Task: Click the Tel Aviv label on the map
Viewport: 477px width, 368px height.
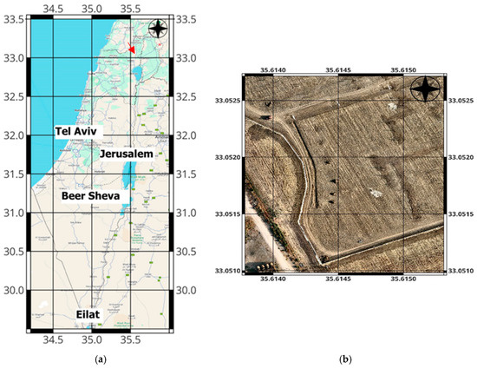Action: point(79,131)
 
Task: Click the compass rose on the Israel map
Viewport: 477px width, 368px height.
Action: point(157,29)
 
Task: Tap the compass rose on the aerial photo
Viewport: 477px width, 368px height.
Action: point(425,89)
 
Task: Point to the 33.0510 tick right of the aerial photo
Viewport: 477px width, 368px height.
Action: point(460,270)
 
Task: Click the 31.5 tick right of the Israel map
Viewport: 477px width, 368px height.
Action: point(187,174)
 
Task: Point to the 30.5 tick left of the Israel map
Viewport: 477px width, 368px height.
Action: point(16,252)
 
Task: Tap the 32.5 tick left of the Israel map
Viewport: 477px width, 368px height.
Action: point(16,97)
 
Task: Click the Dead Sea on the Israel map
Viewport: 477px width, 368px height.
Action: point(127,176)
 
